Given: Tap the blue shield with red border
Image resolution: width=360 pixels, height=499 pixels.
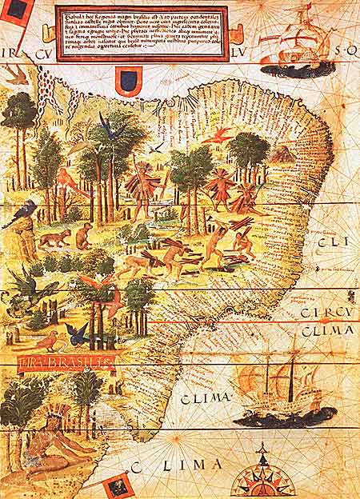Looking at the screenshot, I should tap(129, 80).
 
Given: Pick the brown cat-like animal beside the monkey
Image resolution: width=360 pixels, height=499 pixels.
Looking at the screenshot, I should tap(54, 238).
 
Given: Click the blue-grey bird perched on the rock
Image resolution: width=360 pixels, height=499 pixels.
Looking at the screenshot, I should tap(23, 212).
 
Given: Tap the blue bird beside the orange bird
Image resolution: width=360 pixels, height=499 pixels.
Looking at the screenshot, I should tap(78, 334).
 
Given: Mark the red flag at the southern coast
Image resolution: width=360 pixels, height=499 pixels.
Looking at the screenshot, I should tap(118, 485).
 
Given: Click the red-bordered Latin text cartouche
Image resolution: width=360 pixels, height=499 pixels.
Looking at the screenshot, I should tap(142, 34).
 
